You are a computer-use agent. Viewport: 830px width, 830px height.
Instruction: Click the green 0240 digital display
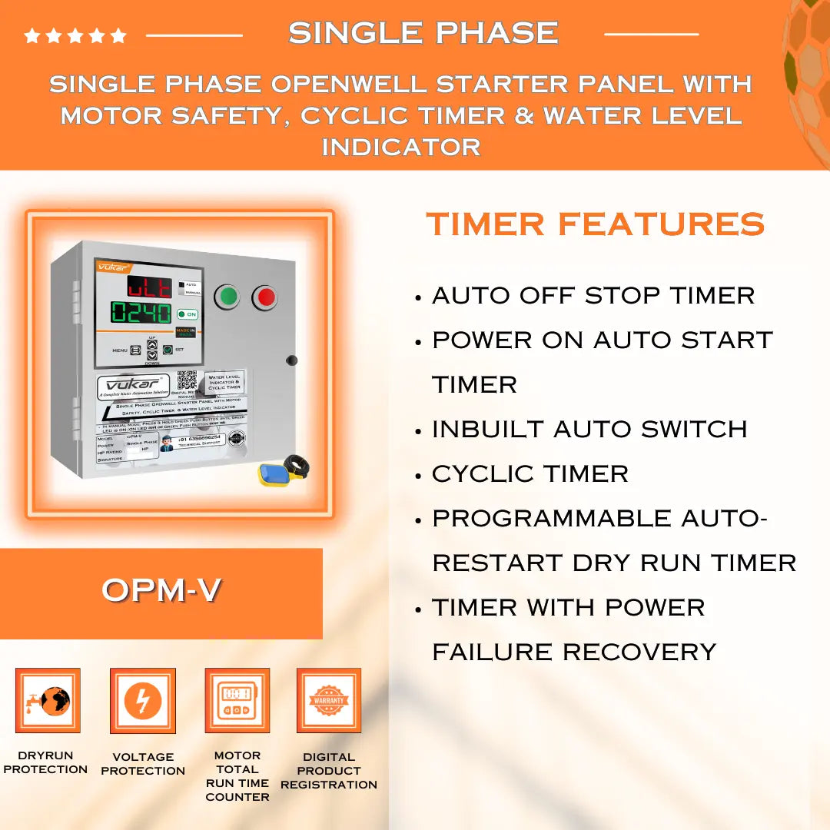pos(140,312)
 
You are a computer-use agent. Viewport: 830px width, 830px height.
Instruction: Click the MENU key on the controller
pos(135,350)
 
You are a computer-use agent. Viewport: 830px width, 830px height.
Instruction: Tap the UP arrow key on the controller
pos(152,345)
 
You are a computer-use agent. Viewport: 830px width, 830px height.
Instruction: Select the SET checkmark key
pos(167,350)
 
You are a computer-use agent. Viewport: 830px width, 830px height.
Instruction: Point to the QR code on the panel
pos(187,380)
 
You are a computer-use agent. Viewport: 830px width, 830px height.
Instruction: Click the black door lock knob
pos(291,360)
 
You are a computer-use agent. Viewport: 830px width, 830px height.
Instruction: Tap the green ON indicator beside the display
pos(186,314)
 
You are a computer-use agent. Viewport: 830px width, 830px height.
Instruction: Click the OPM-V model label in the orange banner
pos(161,590)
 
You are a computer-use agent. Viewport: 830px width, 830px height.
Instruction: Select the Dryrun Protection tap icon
pos(48,700)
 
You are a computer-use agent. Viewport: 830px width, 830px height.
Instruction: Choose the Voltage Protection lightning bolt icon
pos(143,700)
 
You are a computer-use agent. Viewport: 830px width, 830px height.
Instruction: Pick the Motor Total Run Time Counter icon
pos(237,700)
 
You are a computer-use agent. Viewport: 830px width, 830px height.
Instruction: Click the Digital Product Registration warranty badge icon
pos(329,700)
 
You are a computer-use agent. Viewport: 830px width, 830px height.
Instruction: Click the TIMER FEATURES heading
pos(595,224)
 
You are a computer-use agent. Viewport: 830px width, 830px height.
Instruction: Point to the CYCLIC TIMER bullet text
pos(530,473)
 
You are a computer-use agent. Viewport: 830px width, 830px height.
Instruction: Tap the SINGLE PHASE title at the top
pos(423,32)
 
